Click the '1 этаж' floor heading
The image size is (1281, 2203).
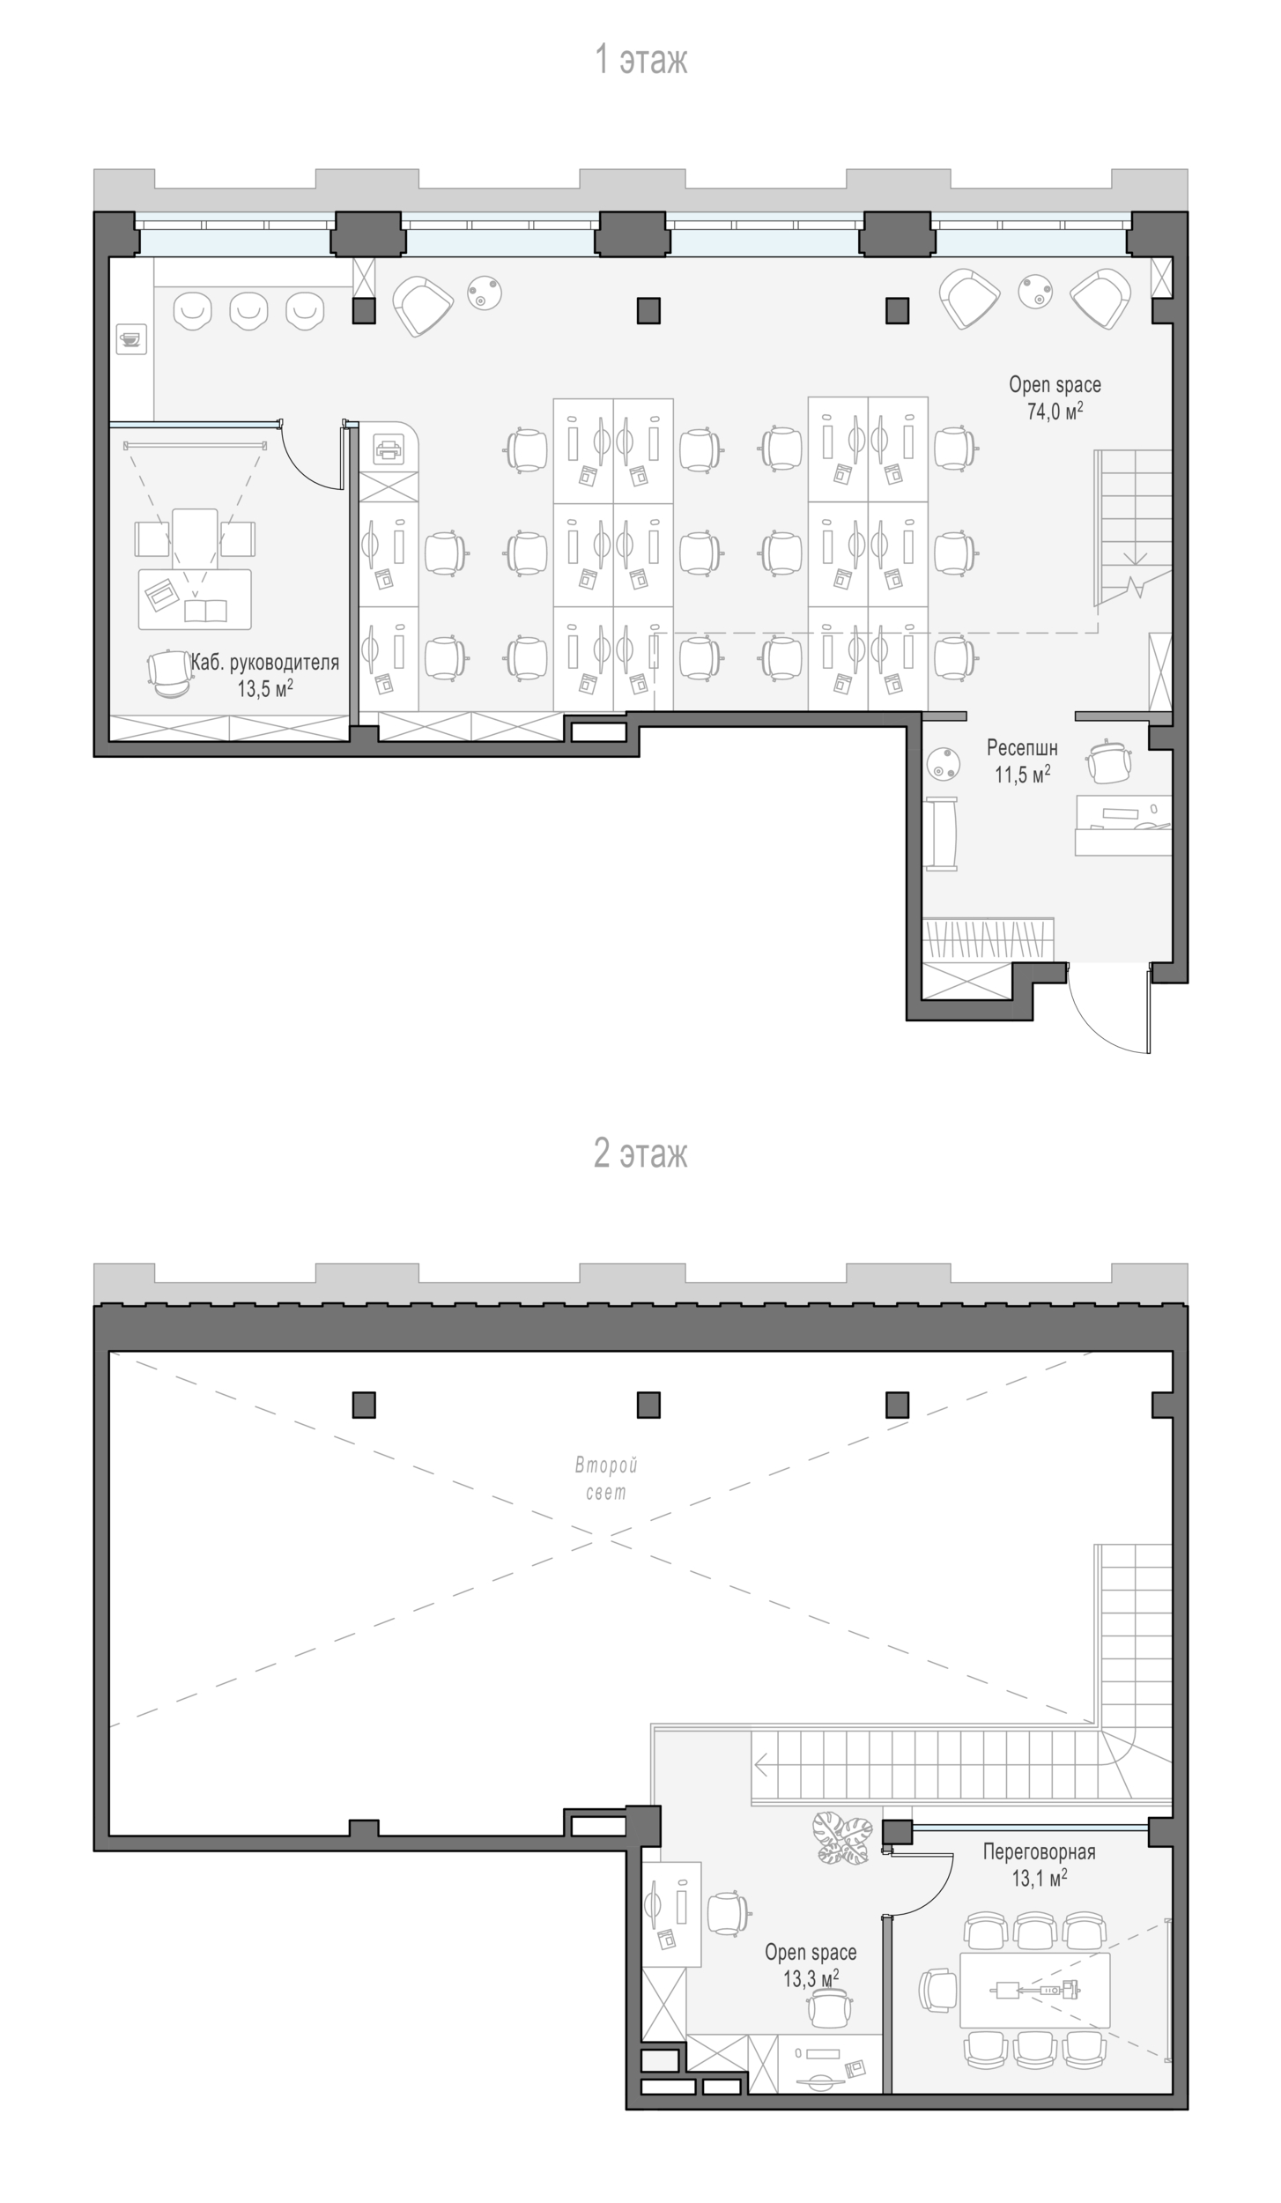[x=640, y=60]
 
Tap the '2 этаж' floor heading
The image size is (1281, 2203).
[x=640, y=1153]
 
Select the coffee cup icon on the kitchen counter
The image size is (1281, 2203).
[x=131, y=338]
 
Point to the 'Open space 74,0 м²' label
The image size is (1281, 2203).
[x=1055, y=397]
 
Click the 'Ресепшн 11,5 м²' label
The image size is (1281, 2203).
[x=1022, y=760]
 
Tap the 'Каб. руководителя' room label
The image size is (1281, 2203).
[x=265, y=663]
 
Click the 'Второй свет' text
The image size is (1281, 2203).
[x=606, y=1479]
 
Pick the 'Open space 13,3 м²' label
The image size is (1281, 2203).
[x=811, y=1964]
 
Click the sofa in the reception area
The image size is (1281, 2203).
[x=941, y=834]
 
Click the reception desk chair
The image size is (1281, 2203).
[x=1109, y=760]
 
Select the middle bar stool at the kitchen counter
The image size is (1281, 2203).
[x=248, y=310]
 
